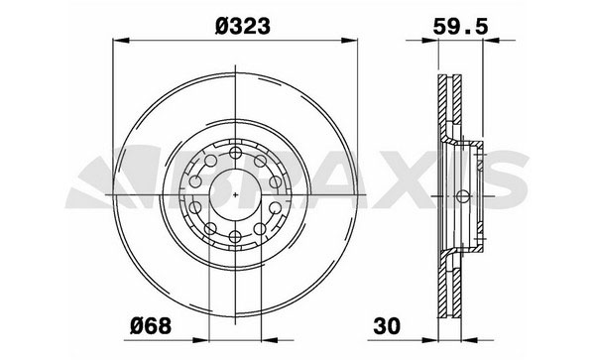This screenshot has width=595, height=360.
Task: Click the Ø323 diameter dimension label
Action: [243, 27]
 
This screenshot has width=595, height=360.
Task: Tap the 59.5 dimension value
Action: [460, 27]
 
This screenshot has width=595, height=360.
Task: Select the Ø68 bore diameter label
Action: [151, 326]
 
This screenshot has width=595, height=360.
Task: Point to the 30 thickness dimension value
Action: [387, 326]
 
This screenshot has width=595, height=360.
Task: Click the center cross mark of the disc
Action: [235, 195]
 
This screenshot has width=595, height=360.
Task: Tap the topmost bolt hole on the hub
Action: [235, 154]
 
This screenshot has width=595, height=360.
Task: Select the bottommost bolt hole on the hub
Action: [235, 237]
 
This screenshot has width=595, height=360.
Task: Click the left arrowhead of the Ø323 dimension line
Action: [121, 41]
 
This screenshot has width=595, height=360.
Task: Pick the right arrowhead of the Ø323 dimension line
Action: [349, 41]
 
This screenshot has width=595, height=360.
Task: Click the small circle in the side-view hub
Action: [462, 196]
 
